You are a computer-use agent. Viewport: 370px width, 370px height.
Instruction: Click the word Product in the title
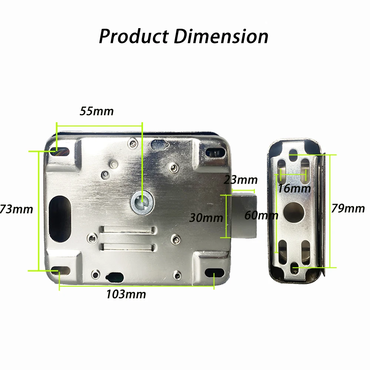134,37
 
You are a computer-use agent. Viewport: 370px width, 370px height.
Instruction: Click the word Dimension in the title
221,37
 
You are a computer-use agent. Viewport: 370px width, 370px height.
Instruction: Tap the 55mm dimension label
97,111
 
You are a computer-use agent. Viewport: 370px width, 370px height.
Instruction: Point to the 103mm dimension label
126,294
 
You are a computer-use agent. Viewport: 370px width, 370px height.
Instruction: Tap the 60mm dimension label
261,215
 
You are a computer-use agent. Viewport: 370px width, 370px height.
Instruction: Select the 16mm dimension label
294,188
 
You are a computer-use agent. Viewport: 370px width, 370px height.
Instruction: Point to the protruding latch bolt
244,215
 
